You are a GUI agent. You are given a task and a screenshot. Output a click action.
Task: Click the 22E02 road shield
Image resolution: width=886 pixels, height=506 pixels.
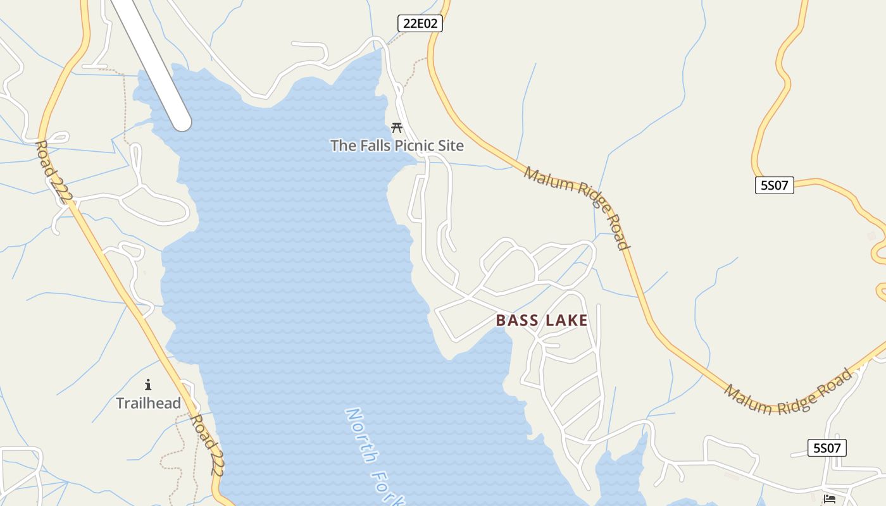click(x=420, y=24)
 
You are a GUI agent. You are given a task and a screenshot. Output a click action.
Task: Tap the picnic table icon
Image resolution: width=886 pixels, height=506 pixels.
click(x=397, y=127)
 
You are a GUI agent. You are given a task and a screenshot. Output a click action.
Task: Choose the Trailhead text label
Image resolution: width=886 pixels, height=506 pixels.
click(x=148, y=403)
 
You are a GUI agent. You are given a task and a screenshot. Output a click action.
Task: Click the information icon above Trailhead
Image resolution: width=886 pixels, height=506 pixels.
click(x=148, y=384)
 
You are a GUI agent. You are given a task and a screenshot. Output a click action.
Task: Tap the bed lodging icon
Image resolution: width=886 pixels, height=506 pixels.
click(x=830, y=499)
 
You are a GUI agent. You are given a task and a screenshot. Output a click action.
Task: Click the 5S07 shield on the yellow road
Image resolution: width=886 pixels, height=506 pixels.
click(x=774, y=185)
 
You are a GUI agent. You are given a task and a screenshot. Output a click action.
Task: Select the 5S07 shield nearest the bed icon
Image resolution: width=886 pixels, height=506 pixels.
click(x=827, y=448)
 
